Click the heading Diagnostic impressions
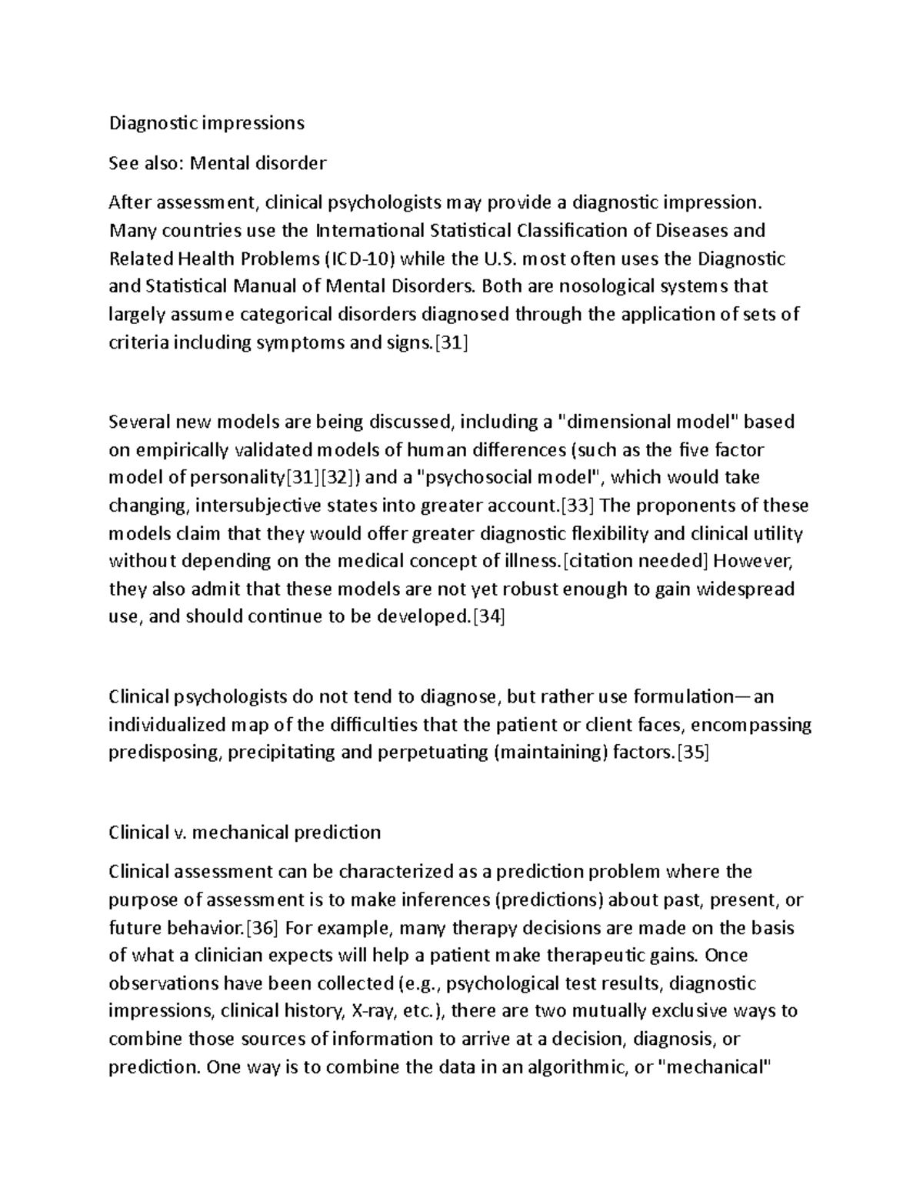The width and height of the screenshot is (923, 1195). [206, 123]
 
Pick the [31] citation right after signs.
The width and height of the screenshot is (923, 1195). [452, 343]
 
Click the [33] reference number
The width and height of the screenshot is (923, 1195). [577, 506]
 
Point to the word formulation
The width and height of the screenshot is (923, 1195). [684, 697]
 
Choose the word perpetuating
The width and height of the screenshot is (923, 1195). [432, 753]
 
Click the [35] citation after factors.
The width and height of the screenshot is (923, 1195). [691, 753]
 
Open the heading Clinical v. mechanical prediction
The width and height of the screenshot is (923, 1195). [245, 833]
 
